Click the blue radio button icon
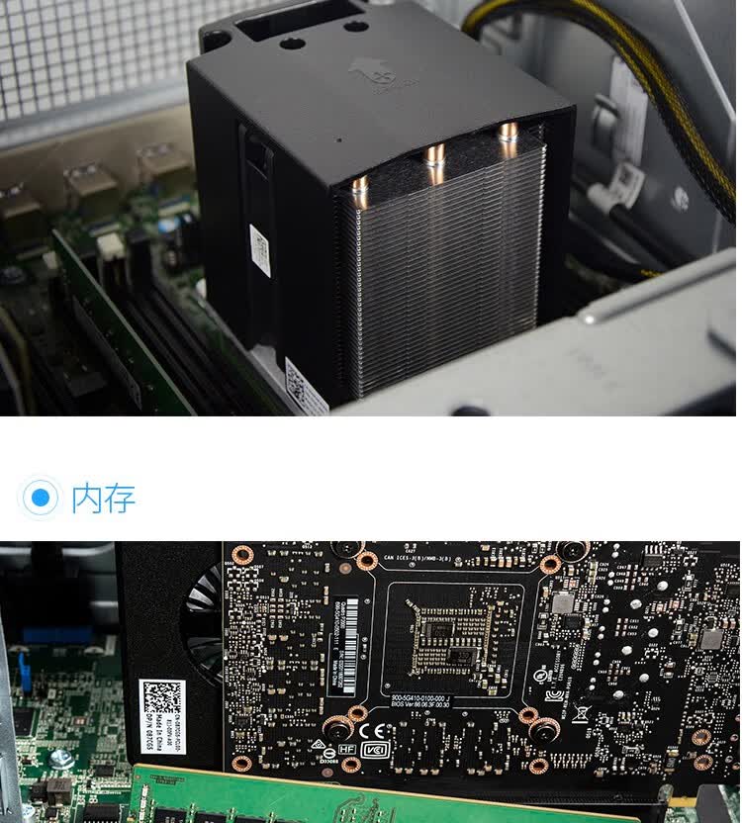pos(41,497)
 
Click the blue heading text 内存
pos(103,497)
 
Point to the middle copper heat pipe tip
pos(435,156)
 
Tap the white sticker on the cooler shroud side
pos(260,251)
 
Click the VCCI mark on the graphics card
pos(376,751)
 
